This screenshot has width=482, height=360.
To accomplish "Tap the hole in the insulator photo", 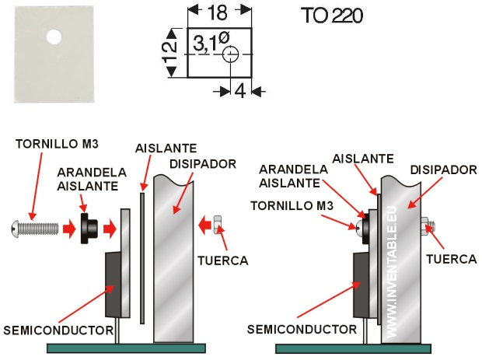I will [x=54, y=37].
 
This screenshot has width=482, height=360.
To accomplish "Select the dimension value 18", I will [x=219, y=13].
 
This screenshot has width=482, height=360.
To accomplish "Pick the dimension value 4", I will [x=239, y=91].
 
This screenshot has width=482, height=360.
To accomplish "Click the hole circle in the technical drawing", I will [x=231, y=54].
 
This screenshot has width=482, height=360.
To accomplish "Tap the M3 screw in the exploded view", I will [x=37, y=228].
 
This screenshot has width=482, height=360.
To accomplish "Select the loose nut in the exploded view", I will [x=219, y=225].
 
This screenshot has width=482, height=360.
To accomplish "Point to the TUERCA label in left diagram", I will [x=224, y=261].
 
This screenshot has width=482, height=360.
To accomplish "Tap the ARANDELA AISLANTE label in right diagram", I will [x=289, y=176].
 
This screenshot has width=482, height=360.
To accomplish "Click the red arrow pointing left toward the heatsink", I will [x=203, y=226].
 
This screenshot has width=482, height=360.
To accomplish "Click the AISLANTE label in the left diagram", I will [x=166, y=148].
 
